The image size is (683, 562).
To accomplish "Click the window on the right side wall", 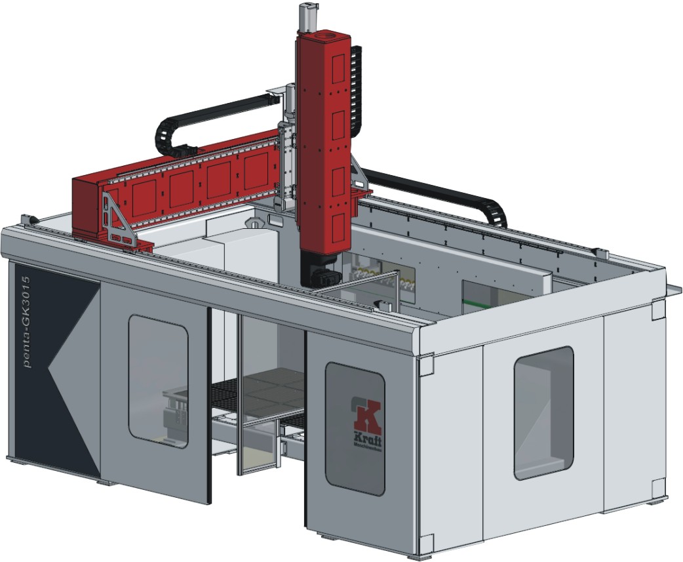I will point(543,412).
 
